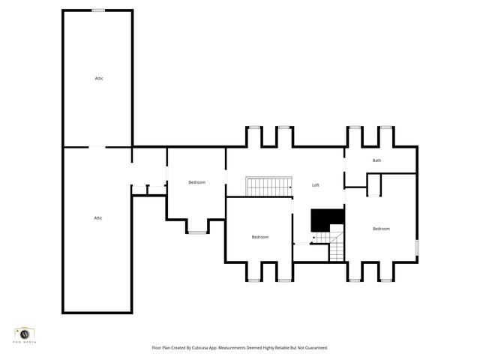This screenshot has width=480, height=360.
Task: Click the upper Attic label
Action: pos(98,78)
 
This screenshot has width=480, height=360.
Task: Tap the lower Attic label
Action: pos(97,217)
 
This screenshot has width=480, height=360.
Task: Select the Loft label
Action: pos(316,184)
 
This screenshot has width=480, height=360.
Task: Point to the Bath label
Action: pos(376,160)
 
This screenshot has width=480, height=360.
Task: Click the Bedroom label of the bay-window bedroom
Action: pos(196,182)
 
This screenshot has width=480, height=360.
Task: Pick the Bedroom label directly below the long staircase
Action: pos(259,237)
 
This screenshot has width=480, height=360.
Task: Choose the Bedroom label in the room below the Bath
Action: pos(381,229)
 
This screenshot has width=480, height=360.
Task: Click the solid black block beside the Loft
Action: pos(326,219)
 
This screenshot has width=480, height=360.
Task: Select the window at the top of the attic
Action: pos(98,10)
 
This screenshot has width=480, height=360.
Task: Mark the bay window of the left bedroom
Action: pos(196,232)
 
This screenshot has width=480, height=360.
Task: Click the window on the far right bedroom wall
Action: pos(417,248)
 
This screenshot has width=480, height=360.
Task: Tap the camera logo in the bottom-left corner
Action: pos(25,334)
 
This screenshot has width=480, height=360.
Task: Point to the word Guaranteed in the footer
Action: pos(314,348)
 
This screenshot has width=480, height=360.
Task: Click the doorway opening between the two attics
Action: pos(97,147)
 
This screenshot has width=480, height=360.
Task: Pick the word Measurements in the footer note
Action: pos(242,348)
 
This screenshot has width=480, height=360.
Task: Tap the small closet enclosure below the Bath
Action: pos(373,184)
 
